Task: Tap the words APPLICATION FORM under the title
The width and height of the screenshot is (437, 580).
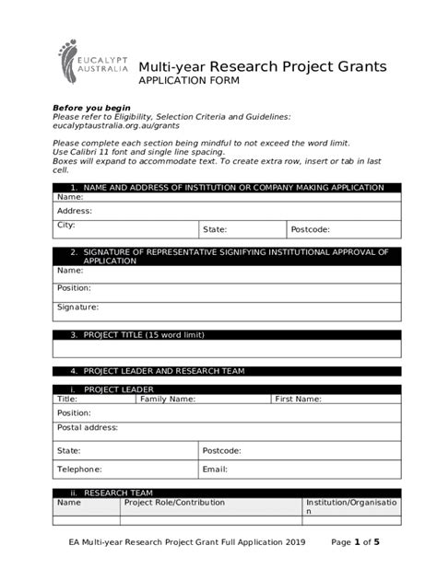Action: pos(188,82)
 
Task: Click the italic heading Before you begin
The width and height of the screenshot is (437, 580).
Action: pos(91,107)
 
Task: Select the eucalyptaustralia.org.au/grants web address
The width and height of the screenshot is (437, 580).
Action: pos(115,125)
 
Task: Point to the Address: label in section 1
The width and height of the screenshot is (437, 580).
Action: pos(75,211)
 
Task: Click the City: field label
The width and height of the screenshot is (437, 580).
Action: pos(66,225)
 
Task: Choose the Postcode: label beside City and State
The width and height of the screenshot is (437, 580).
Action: pos(310,229)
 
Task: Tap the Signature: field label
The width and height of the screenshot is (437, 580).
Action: pos(77,307)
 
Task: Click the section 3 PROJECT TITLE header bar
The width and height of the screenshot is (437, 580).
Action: pos(227,335)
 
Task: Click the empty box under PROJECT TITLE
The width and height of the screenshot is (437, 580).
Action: pos(227,349)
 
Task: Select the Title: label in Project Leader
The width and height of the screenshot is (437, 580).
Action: pos(67,400)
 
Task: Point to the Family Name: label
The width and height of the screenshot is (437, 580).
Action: pos(167,400)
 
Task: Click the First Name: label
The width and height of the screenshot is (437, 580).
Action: pos(298,400)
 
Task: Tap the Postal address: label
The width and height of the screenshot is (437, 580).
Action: pos(88,427)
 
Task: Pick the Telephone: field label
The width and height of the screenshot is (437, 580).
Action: pos(79,469)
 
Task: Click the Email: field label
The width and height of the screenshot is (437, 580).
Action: pos(215,469)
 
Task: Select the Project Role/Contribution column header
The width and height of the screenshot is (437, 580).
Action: pos(174,503)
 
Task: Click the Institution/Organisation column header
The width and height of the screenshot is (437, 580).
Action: pos(351,505)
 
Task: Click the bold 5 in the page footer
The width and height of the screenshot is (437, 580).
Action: pos(376,542)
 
